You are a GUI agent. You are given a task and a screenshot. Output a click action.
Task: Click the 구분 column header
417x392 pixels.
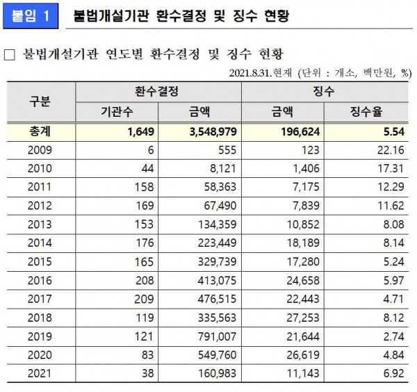[x=39, y=101]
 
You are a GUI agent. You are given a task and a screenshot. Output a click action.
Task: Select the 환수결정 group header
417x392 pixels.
[x=158, y=91]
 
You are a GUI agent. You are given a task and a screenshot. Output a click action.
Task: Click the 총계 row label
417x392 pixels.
[x=39, y=131]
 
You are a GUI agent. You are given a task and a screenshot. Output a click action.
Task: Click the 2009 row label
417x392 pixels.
[x=39, y=150]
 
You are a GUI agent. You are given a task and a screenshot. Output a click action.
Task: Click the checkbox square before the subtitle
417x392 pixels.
[x=10, y=54]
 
